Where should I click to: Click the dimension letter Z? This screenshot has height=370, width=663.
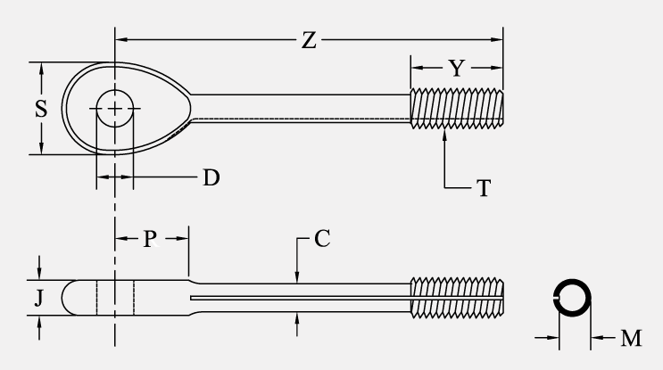click(x=308, y=40)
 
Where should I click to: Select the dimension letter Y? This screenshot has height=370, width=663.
click(x=456, y=68)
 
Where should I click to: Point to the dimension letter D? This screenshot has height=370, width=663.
click(x=210, y=177)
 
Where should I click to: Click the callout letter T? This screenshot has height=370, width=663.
click(x=483, y=188)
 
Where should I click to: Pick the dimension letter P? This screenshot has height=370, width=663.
click(x=151, y=238)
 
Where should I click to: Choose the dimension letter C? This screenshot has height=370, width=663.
click(x=322, y=238)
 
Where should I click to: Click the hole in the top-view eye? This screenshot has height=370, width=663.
click(x=114, y=109)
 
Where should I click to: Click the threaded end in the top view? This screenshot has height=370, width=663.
click(x=456, y=109)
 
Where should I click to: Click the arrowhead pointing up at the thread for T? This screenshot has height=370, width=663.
click(x=445, y=135)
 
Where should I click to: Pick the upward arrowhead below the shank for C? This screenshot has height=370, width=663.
click(x=296, y=317)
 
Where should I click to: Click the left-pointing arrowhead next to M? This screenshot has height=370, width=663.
click(x=595, y=338)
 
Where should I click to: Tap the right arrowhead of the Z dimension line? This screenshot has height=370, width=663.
click(x=498, y=40)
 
